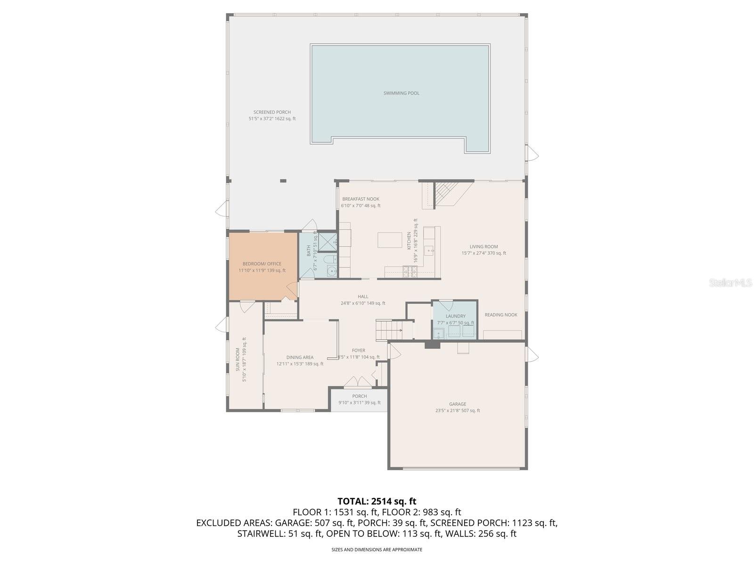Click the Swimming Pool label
(x=401, y=93)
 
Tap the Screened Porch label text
(x=272, y=112)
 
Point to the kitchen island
(x=389, y=240)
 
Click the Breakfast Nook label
(x=361, y=199)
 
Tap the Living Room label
(x=484, y=247)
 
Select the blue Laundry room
(x=455, y=320)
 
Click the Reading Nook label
(x=500, y=315)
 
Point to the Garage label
(x=457, y=404)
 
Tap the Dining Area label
(x=300, y=357)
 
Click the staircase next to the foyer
(x=388, y=330)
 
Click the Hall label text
(x=363, y=297)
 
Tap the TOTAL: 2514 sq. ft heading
(x=377, y=501)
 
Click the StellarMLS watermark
(x=730, y=283)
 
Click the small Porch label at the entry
(x=359, y=396)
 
